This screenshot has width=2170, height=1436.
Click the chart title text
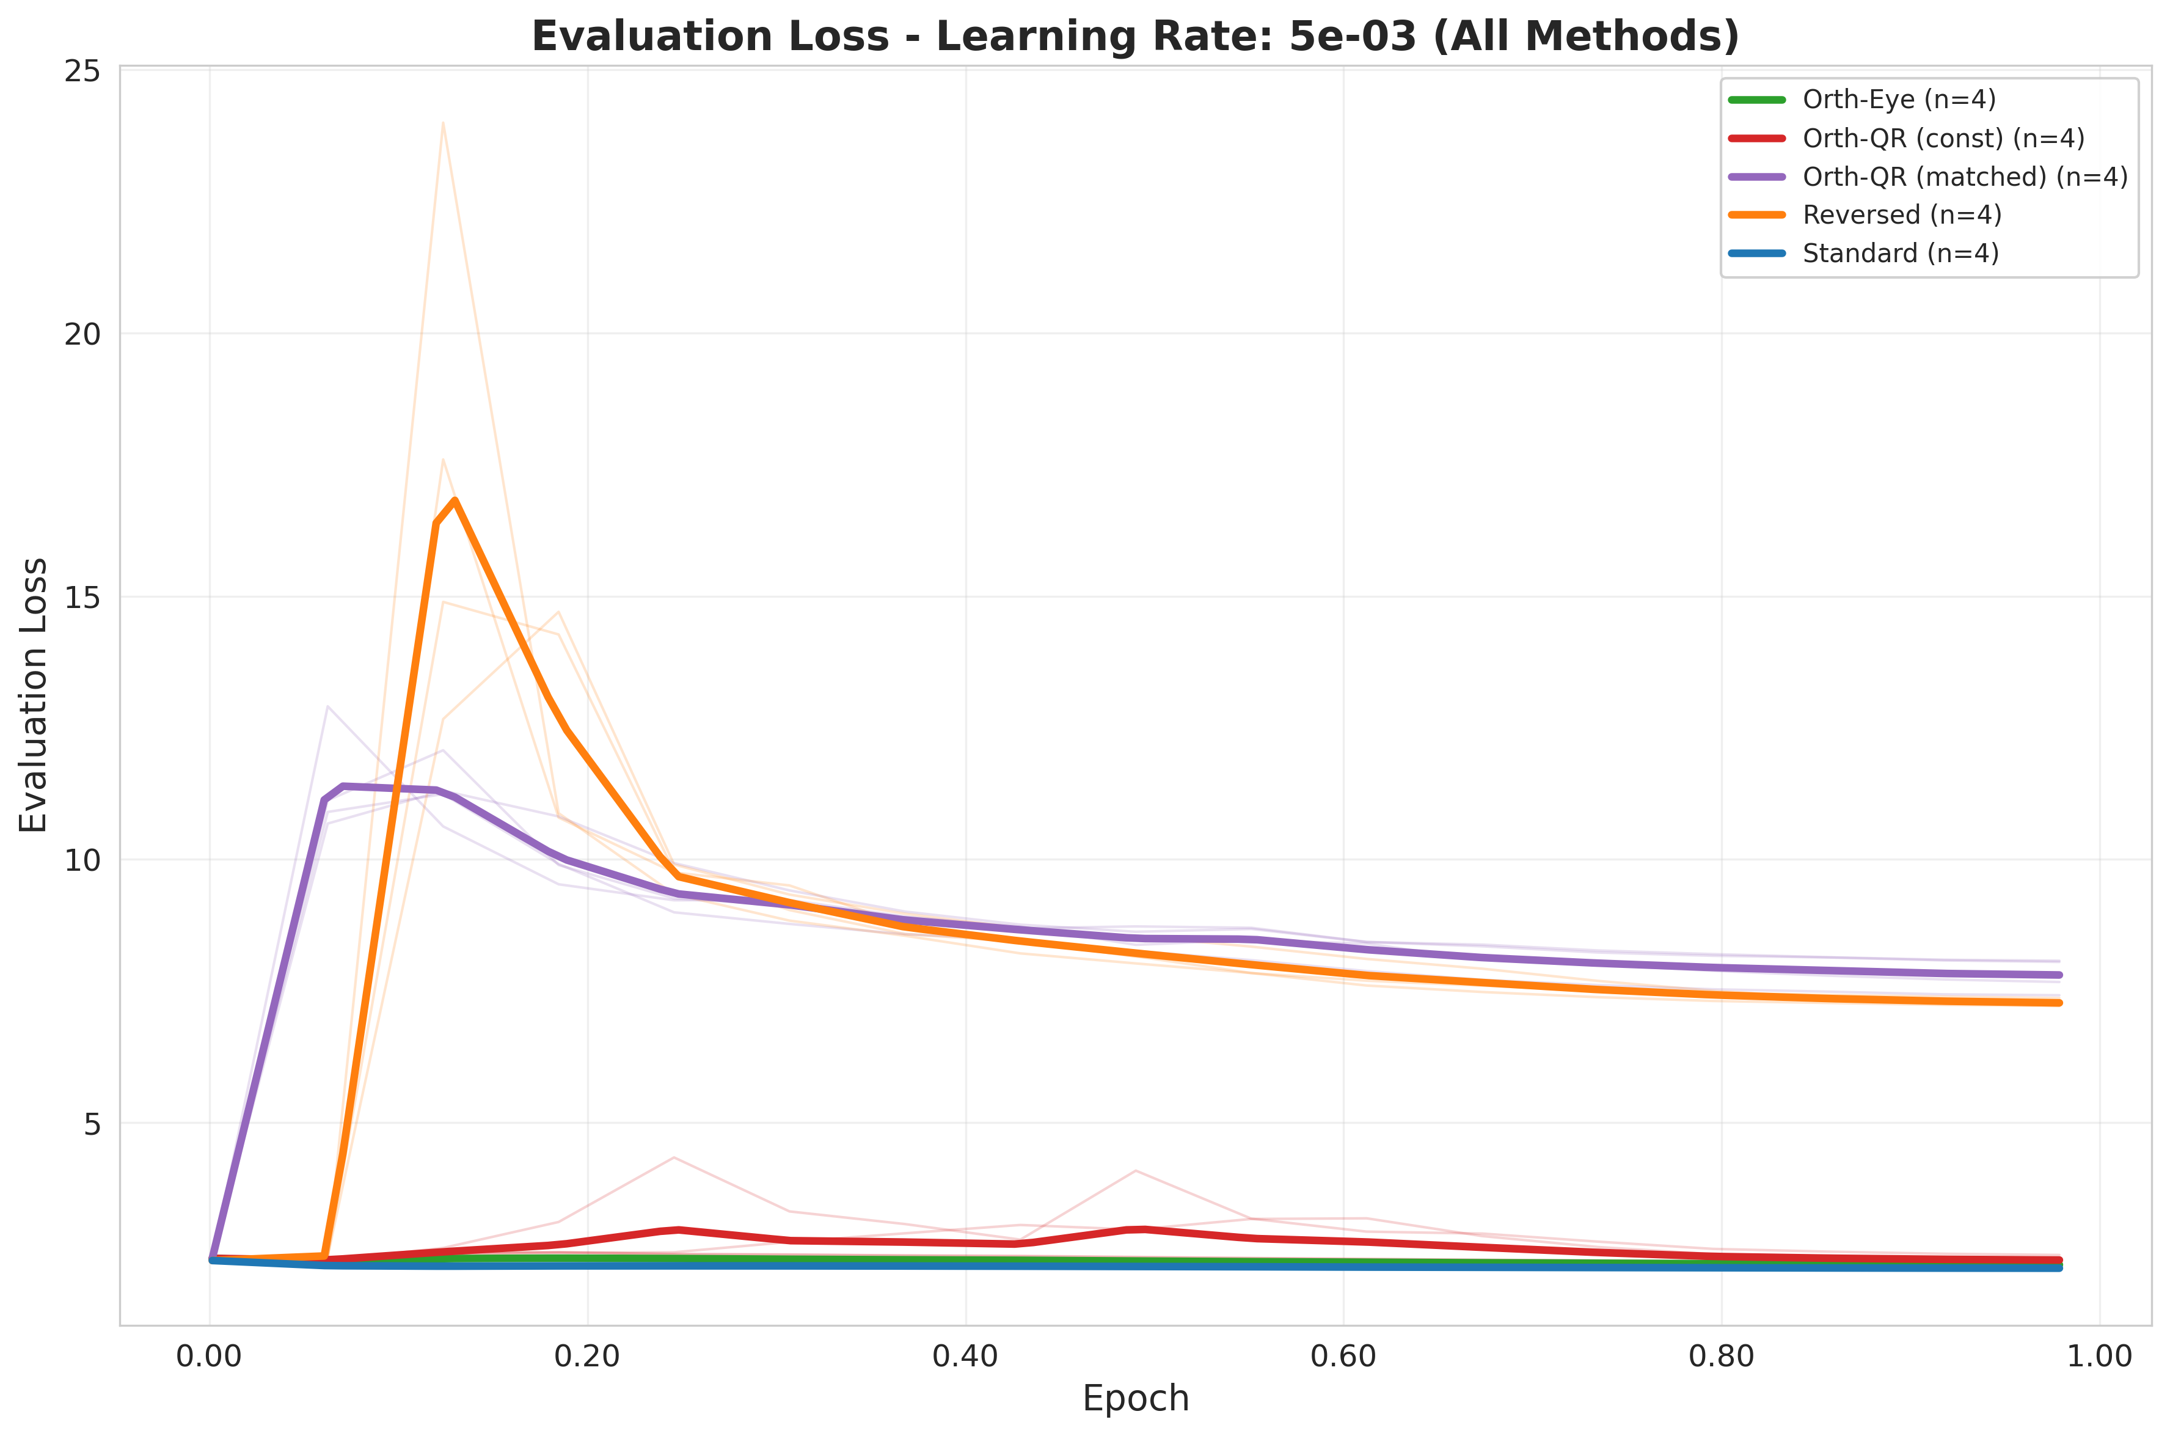1134,37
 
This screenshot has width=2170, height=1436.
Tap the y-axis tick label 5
92,1124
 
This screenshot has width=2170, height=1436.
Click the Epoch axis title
1135,1399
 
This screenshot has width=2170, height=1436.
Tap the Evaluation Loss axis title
34,695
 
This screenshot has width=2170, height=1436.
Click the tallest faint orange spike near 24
442,123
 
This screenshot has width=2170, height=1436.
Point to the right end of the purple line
2059,975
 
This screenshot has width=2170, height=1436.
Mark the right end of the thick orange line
2059,1003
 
